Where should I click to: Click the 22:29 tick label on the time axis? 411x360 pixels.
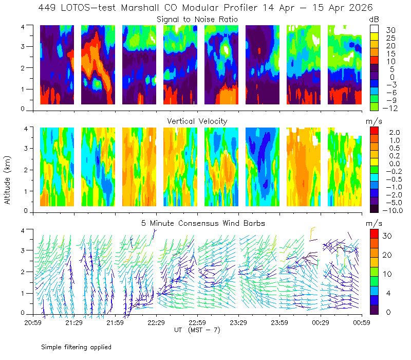(156, 322)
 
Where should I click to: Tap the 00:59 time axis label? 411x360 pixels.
(362, 322)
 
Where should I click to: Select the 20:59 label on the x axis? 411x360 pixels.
(33, 322)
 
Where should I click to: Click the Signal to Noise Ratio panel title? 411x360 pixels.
(197, 20)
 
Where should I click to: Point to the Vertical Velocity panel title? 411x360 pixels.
(197, 121)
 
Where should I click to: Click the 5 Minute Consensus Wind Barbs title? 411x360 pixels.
(203, 223)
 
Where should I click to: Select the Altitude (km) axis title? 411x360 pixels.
(7, 180)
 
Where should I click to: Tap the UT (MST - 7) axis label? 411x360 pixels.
(197, 330)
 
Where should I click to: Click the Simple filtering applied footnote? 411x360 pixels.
(76, 347)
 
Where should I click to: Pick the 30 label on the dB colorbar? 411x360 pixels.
(390, 30)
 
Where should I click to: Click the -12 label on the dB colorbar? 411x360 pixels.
(390, 108)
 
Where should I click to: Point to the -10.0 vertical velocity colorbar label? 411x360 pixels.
(393, 210)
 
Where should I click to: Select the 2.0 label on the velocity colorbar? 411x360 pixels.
(395, 132)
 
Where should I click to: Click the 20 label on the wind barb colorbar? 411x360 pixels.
(387, 255)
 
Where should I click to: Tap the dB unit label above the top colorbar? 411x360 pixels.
(374, 20)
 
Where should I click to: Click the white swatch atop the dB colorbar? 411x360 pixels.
(374, 29)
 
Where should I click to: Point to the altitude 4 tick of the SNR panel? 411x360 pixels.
(23, 27)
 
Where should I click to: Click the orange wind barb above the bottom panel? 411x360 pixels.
(312, 233)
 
